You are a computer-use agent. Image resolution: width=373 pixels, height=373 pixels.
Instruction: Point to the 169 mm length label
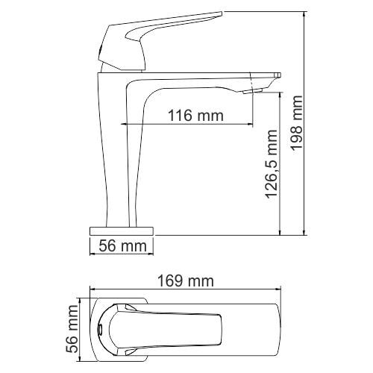click(184, 281)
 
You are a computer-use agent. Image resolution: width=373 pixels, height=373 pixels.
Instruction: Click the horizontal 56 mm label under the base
click(122, 246)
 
